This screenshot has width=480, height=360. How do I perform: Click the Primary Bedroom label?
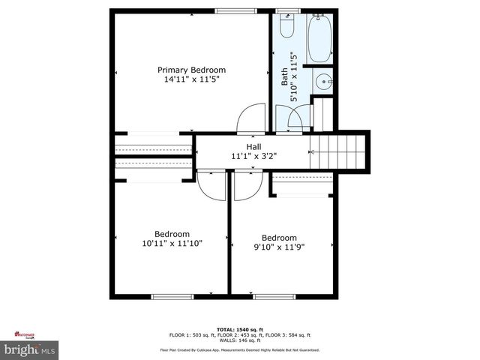191,69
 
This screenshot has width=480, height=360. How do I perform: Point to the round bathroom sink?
324,82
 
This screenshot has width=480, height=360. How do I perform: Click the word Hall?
254,147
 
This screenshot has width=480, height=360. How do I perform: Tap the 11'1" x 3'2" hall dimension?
254,157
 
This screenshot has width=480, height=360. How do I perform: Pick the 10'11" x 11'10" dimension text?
172,243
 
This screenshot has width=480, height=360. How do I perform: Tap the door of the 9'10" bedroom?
246,187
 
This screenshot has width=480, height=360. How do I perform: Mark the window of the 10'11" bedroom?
172,297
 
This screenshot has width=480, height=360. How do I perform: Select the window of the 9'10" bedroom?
272,297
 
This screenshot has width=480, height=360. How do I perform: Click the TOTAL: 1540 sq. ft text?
240,329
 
